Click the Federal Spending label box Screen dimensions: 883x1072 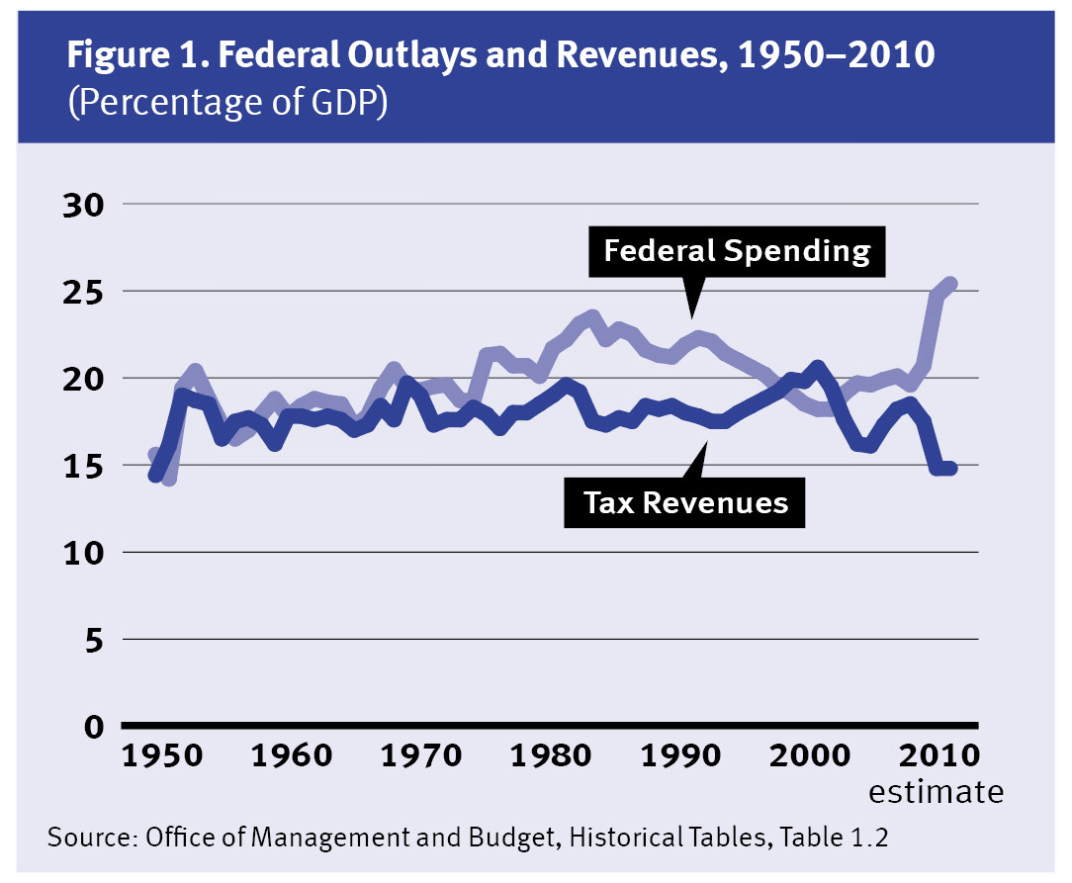click(737, 251)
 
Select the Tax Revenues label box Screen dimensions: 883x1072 click(685, 502)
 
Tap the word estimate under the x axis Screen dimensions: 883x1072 click(936, 792)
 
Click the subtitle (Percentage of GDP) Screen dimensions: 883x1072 click(226, 104)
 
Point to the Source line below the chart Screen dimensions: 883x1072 click(468, 839)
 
